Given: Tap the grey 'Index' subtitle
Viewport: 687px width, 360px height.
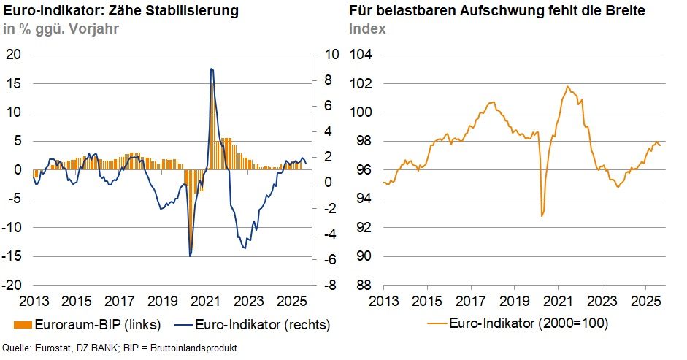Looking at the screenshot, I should [x=367, y=29].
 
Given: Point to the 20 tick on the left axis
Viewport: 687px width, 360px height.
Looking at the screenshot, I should [x=15, y=55].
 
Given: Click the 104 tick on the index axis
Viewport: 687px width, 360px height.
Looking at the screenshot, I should [x=361, y=55].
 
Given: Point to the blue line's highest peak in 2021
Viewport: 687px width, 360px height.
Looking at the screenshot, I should [x=211, y=69].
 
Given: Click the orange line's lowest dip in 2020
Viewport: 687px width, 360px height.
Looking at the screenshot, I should [x=542, y=215].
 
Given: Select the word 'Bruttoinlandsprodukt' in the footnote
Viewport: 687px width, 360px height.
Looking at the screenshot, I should [x=195, y=348].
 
